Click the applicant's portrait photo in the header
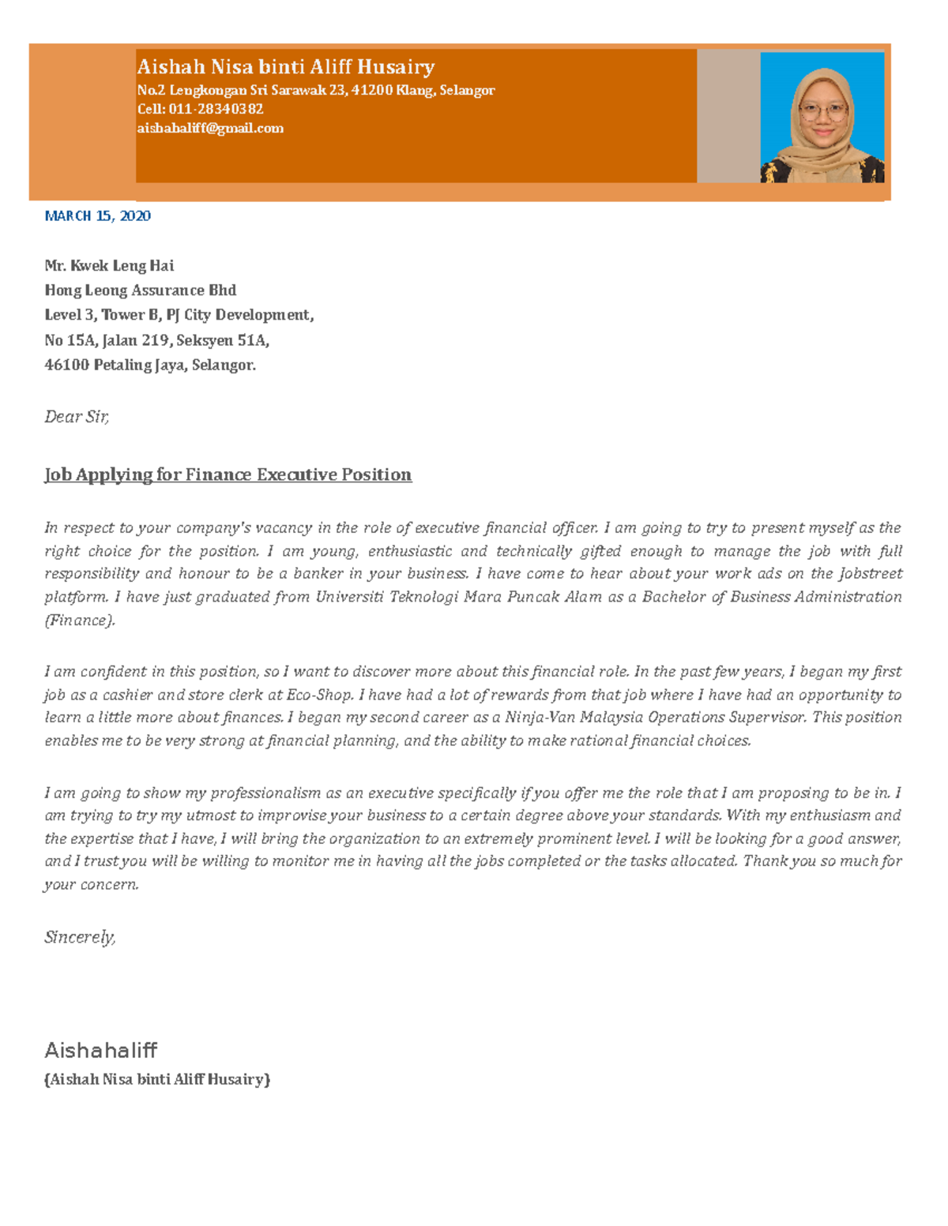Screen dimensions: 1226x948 (822, 118)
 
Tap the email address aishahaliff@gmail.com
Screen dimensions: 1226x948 (210, 128)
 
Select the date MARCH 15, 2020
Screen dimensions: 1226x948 (97, 216)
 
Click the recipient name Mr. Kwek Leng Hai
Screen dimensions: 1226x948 (109, 265)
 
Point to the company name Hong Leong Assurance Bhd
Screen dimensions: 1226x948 (140, 290)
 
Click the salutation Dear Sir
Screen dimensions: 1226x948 (77, 416)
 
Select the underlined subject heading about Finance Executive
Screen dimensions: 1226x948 (228, 474)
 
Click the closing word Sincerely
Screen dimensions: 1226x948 (80, 937)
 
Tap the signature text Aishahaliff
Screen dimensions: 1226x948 (100, 1050)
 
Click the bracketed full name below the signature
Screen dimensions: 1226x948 (157, 1079)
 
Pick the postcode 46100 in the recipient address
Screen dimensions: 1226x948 (66, 365)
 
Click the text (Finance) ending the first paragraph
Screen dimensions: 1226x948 (80, 620)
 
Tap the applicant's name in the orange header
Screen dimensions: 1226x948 (285, 67)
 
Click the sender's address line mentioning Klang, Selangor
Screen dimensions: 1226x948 (316, 90)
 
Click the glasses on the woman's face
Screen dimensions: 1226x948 (822, 112)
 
